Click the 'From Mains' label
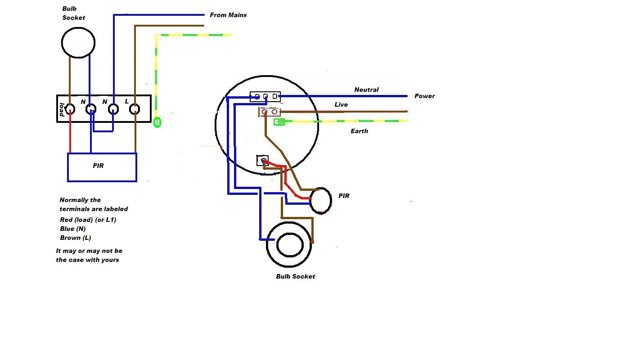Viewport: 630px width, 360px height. [228, 15]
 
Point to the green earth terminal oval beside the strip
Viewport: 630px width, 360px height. [157, 122]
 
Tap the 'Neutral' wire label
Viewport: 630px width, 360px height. [366, 90]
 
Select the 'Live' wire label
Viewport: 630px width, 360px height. [341, 104]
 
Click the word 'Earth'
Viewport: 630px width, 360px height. [359, 131]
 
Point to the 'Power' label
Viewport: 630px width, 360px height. [425, 96]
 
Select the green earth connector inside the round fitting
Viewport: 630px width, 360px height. [279, 122]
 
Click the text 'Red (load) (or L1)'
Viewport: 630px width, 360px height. [88, 220]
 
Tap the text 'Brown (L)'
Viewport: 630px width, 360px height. [76, 238]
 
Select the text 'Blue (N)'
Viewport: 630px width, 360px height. [72, 229]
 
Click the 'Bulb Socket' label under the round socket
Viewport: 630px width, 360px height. [295, 276]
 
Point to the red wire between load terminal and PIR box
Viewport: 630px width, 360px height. [70, 133]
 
